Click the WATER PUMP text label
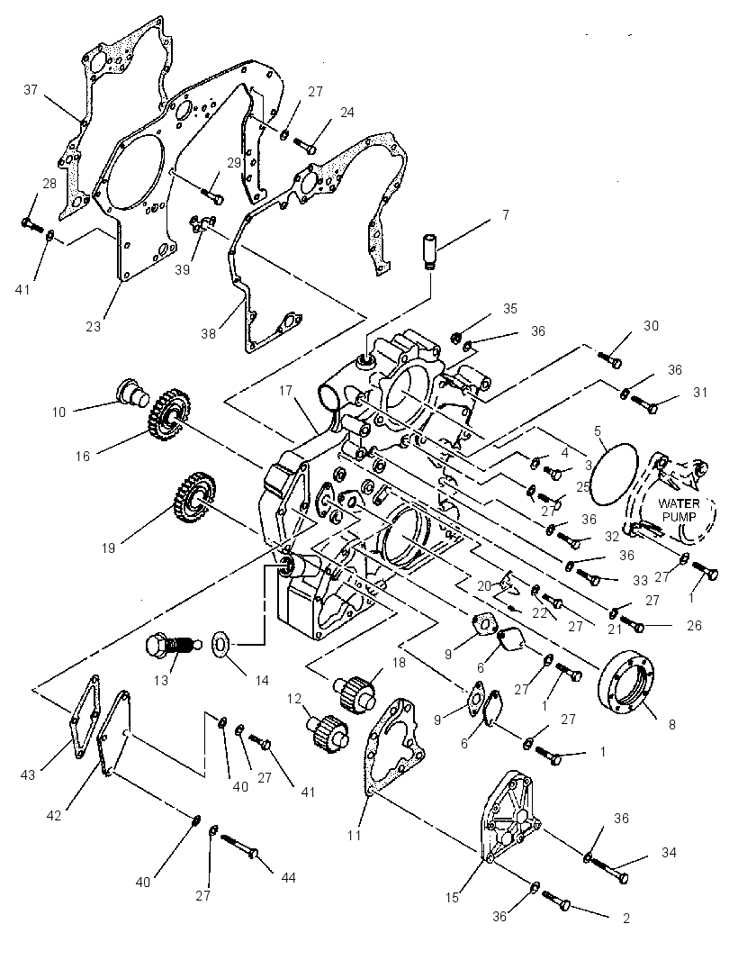coord(679,510)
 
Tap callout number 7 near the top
coord(506,215)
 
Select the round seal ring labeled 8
coord(628,683)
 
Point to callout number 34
coord(669,852)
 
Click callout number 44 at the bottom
coord(288,878)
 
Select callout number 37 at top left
coord(31,90)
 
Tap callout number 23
coord(93,326)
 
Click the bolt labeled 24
coord(305,145)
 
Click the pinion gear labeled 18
coord(356,690)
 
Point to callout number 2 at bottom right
coord(626,918)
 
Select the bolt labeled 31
coord(643,404)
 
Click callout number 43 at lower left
coord(28,775)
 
